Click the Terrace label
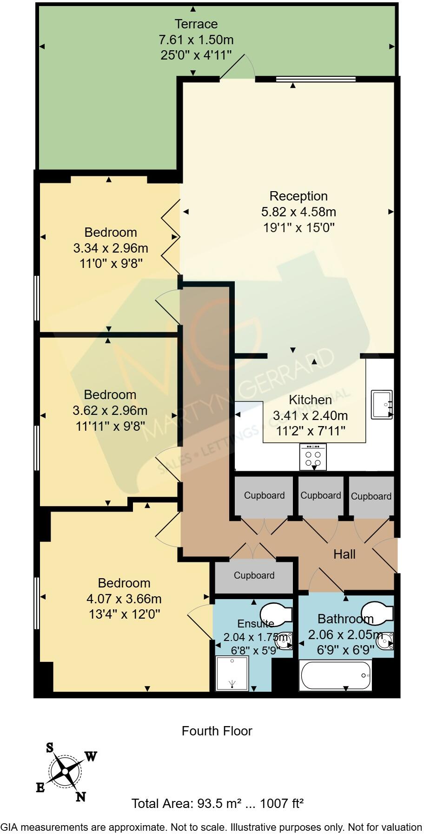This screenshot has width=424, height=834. pos(196,24)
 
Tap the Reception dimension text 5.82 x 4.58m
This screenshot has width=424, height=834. pos(298,212)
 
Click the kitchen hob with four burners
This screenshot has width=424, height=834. pos(313,456)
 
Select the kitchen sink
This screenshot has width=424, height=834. pos(382,405)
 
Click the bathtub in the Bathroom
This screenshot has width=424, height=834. pos(336,675)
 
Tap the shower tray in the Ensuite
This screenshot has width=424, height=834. pos(232,673)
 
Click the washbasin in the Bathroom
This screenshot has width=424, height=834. pos(385,641)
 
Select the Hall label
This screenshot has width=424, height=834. pos(344,554)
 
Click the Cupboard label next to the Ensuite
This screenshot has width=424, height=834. pos(254,575)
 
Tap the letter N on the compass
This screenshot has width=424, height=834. pos(81,797)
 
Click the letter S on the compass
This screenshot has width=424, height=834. pos(50,747)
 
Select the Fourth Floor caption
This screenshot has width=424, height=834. pos(217,731)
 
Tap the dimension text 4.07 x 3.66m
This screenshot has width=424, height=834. pos(125,599)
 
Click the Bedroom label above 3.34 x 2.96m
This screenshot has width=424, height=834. pos(111,232)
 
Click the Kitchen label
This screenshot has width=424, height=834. pos(310,400)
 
